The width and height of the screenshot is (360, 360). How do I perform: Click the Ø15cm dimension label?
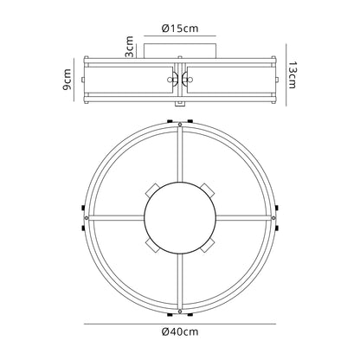click(180, 29)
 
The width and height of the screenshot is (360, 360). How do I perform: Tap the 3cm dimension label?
click(130, 47)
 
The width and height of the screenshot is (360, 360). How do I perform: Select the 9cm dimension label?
click(67, 80)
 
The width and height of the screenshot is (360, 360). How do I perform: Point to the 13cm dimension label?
click(292, 74)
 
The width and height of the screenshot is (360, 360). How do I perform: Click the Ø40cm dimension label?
click(180, 331)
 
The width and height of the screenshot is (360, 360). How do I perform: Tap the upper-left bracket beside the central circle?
click(152, 190)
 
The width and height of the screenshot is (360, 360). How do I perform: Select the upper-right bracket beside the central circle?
click(208, 190)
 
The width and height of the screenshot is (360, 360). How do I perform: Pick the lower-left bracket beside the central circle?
click(152, 246)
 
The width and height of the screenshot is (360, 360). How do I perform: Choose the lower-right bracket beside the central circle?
click(208, 246)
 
